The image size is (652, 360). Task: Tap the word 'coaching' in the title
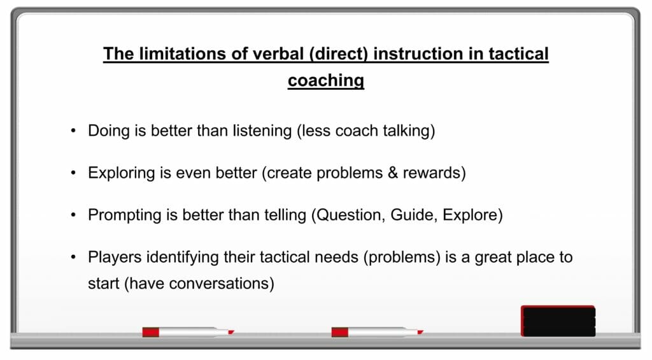[x=326, y=81]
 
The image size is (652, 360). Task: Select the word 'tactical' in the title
[x=518, y=54]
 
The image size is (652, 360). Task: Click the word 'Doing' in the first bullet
[x=109, y=131]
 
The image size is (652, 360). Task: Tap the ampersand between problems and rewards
[x=392, y=173]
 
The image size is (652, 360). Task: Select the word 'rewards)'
[x=434, y=173]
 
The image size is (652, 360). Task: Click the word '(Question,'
[x=348, y=215]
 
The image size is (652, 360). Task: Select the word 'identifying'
[x=183, y=257]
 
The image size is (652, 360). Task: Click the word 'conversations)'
[x=222, y=284]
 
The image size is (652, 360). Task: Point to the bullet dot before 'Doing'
[x=73, y=131]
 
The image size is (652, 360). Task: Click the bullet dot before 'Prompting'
[x=73, y=215]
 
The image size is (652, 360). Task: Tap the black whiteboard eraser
[x=558, y=321]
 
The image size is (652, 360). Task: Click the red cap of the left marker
[x=150, y=332]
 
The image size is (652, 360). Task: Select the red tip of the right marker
[x=420, y=332]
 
